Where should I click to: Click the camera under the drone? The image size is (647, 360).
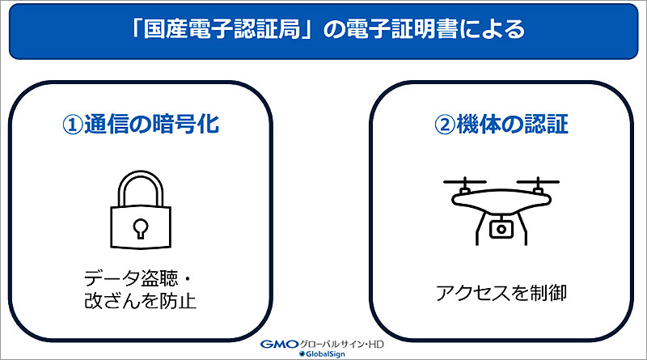(501, 229)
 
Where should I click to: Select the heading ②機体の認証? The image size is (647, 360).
(501, 126)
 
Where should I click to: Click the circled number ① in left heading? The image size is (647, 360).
(74, 126)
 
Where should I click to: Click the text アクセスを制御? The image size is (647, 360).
(501, 292)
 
